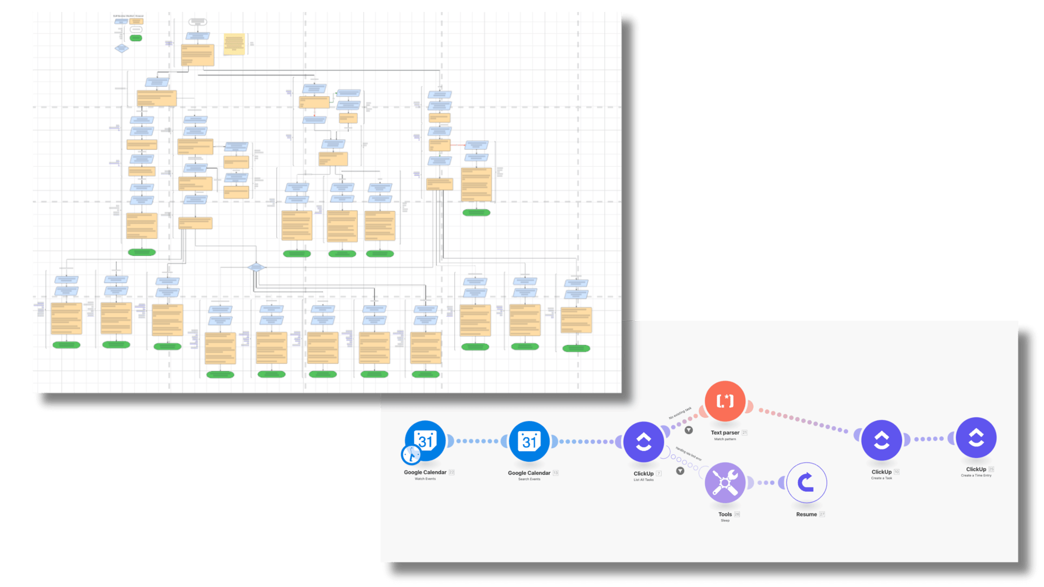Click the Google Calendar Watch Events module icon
(425, 441)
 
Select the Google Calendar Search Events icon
(529, 441)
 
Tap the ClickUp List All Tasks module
(644, 442)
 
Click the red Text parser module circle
(725, 401)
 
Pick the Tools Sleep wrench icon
(725, 483)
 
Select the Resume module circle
(806, 483)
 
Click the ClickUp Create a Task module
(882, 440)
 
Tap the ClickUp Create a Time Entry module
(976, 438)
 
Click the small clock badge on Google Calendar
(411, 454)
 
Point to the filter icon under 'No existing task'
(689, 430)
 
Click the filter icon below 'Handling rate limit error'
(680, 471)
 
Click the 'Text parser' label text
(725, 433)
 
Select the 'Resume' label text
(806, 514)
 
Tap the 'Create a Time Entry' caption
(976, 475)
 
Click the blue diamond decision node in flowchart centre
(256, 267)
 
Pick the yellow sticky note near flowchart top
(234, 44)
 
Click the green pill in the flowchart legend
(136, 38)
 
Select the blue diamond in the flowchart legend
(121, 49)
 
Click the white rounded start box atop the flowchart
(197, 22)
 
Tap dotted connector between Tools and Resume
(766, 483)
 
